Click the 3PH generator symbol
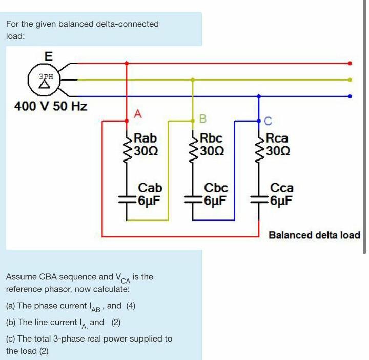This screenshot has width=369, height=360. [44, 79]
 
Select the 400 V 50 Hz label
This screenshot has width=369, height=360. [50, 107]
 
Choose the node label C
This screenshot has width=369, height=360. [269, 121]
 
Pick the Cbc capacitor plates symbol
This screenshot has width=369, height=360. [193, 201]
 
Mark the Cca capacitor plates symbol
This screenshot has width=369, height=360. [259, 201]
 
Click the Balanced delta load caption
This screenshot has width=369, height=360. [314, 235]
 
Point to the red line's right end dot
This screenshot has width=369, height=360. [350, 63]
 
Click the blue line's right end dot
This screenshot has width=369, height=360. [350, 96]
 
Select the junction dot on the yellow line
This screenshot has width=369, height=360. [193, 79]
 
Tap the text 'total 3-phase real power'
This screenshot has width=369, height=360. [84, 339]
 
